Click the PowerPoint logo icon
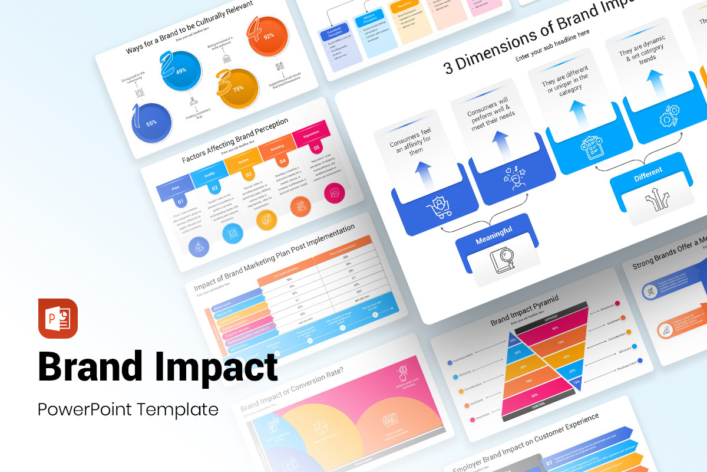point(58,318)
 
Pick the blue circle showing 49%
point(181,71)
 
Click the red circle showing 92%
point(268,36)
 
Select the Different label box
point(647,171)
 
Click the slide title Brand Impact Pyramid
point(524,311)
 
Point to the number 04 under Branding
point(282,160)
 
